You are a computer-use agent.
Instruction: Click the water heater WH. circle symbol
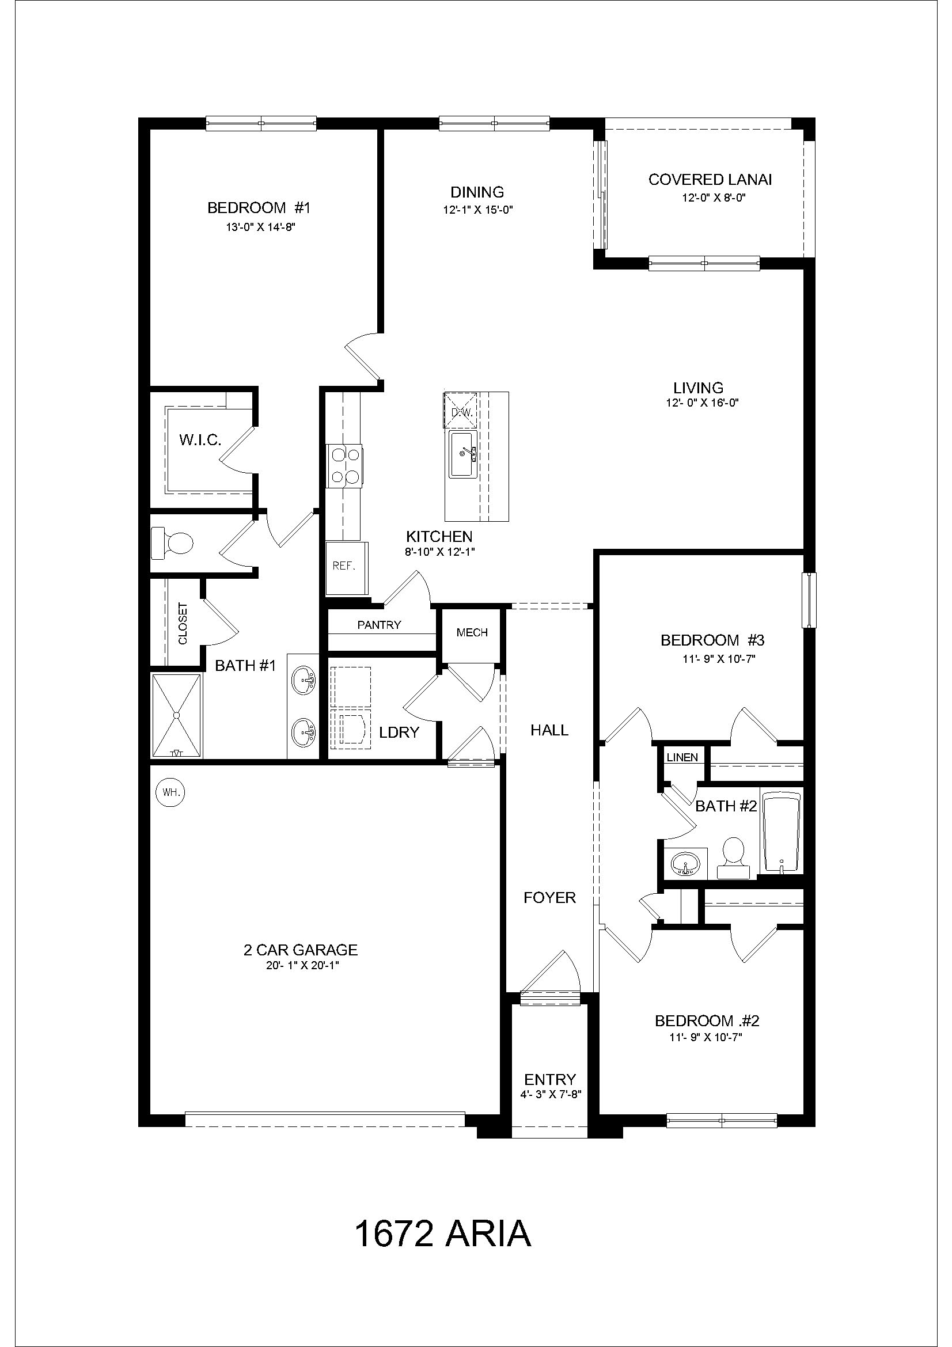pos(169,792)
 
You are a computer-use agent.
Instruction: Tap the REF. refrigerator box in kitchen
pos(344,567)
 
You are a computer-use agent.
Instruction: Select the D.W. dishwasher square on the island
pos(462,411)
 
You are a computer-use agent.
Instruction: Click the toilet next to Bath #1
pos(172,542)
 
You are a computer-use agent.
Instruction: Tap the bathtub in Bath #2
pos(781,833)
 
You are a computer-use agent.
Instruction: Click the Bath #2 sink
pos(685,864)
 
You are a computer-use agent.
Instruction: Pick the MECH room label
pos(472,632)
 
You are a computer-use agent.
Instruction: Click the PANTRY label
pos(379,625)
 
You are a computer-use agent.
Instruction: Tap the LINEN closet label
pos(682,757)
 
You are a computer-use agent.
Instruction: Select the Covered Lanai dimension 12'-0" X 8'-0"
pos(713,198)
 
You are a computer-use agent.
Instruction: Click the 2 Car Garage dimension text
pos(303,966)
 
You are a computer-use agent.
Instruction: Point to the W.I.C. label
pos(200,440)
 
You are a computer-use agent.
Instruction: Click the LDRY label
pos(400,732)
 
